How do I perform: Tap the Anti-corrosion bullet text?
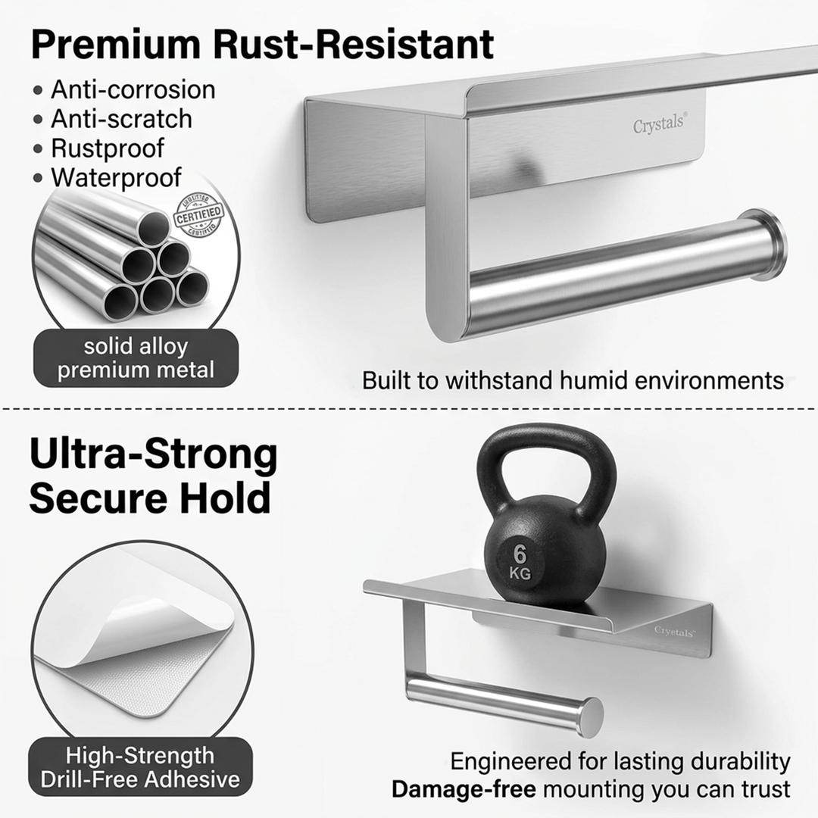tap(133, 89)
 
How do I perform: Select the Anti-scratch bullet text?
tap(121, 119)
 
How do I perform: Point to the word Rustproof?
tap(108, 148)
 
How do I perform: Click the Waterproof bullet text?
tap(116, 177)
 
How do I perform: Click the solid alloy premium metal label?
tap(136, 358)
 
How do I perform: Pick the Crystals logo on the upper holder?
tap(660, 124)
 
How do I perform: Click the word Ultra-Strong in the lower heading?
tap(153, 455)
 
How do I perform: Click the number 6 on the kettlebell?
tap(520, 551)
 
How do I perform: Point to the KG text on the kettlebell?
tap(520, 573)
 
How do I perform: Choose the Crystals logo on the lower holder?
tap(673, 631)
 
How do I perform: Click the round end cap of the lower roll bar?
tap(590, 717)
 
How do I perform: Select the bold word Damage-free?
tap(464, 789)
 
